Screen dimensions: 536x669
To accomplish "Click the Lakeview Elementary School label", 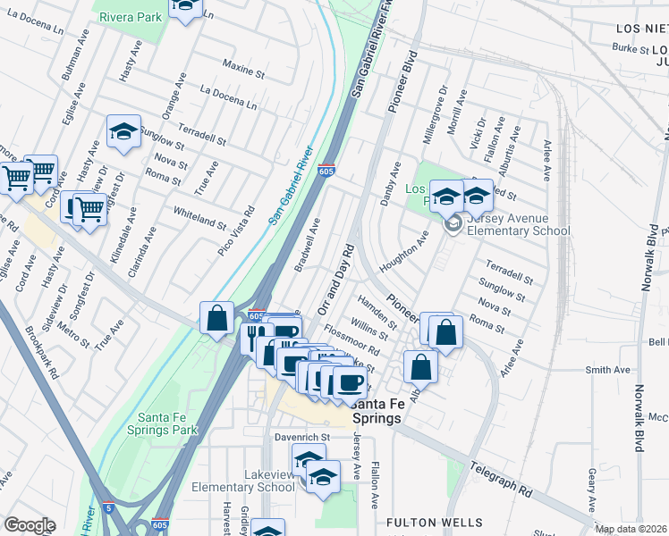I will point(244,481).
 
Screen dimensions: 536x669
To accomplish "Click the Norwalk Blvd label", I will point(639,419).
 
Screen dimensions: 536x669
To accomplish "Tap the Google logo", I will point(30,524).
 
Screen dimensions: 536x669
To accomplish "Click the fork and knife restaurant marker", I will point(252,337).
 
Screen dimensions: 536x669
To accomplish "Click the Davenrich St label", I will point(301,437).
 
